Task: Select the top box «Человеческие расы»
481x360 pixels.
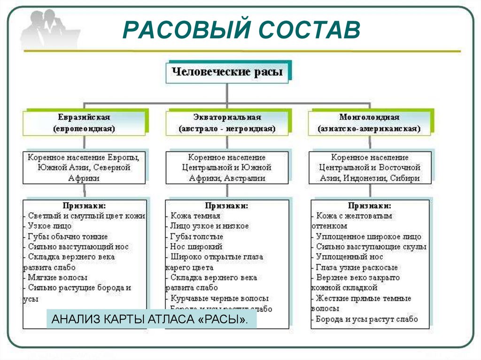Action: pyautogui.click(x=227, y=72)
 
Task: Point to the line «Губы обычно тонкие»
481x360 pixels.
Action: pyautogui.click(x=68, y=236)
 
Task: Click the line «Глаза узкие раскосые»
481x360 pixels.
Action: pyautogui.click(x=357, y=267)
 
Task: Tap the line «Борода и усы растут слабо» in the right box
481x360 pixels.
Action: pyautogui.click(x=366, y=319)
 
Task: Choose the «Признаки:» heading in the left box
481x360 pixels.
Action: pyautogui.click(x=85, y=206)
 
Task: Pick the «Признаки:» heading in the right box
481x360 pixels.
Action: pyautogui.click(x=370, y=206)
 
